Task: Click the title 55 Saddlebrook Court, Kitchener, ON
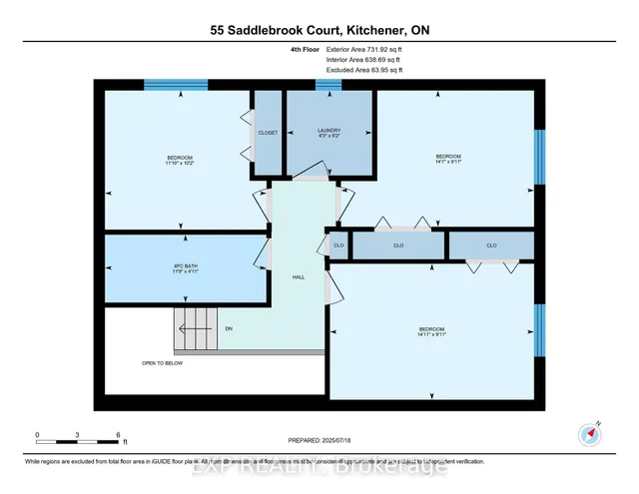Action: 319,31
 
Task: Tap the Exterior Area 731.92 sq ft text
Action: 364,49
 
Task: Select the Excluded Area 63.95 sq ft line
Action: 364,71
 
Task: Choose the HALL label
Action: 299,277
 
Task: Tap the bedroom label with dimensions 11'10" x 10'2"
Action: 181,161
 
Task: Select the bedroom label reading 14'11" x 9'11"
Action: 431,332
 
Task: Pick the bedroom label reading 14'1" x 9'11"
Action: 448,159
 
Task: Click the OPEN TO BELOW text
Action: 162,363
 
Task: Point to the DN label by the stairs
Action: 229,328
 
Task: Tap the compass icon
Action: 589,434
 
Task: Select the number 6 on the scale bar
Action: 119,436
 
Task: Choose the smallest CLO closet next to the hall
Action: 339,245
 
